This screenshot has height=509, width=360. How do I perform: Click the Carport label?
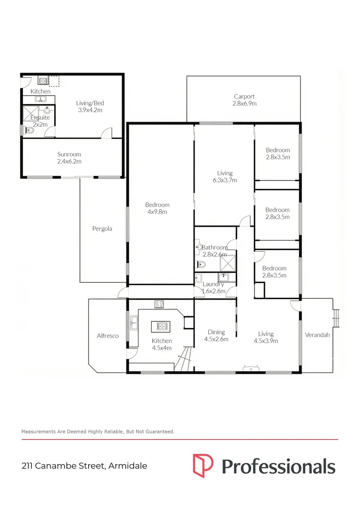point(244,100)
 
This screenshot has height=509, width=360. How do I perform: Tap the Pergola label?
point(103,229)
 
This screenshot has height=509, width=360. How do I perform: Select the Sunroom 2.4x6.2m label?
point(69,158)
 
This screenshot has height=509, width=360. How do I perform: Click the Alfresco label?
point(107,336)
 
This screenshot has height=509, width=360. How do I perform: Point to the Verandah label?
point(317,335)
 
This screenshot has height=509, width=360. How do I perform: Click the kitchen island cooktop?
point(161,326)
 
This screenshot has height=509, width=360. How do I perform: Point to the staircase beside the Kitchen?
point(185,359)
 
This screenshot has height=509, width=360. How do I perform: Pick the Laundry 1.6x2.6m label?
point(213,287)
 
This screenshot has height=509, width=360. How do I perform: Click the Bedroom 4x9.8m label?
point(157,208)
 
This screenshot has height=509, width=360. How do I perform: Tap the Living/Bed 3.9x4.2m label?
point(90,107)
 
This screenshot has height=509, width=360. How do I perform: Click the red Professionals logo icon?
point(203,466)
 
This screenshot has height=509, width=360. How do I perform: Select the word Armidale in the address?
point(128,466)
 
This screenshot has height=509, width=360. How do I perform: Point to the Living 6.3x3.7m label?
point(224,176)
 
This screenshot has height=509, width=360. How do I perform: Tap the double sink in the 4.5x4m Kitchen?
point(134,324)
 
